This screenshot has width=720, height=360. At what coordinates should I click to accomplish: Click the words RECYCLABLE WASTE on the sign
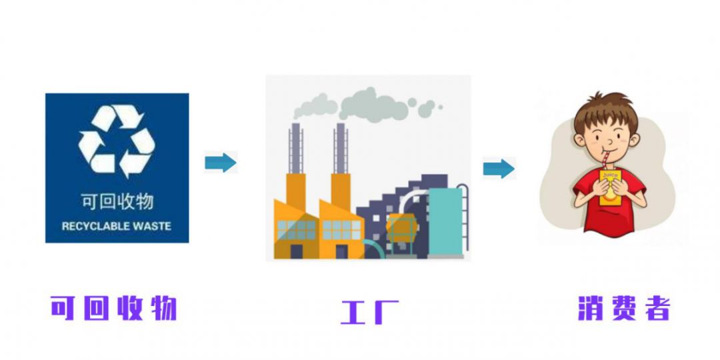pos(117,226)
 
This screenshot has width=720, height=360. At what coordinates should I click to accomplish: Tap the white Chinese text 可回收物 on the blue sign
pos(117,201)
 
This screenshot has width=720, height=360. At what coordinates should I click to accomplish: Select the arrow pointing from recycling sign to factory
pos(220,162)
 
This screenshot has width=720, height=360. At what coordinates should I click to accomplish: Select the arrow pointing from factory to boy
pos(499,168)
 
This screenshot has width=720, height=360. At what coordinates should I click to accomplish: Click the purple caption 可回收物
pos(114,308)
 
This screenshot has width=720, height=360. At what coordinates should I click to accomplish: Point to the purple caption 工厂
pos(369,311)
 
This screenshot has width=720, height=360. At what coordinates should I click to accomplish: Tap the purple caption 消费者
pos(623,308)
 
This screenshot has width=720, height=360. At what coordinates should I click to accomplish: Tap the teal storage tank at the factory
pos(444,220)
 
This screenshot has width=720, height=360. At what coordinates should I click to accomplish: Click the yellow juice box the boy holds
pos(610,187)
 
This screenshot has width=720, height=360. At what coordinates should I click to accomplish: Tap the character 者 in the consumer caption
pos(657,308)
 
